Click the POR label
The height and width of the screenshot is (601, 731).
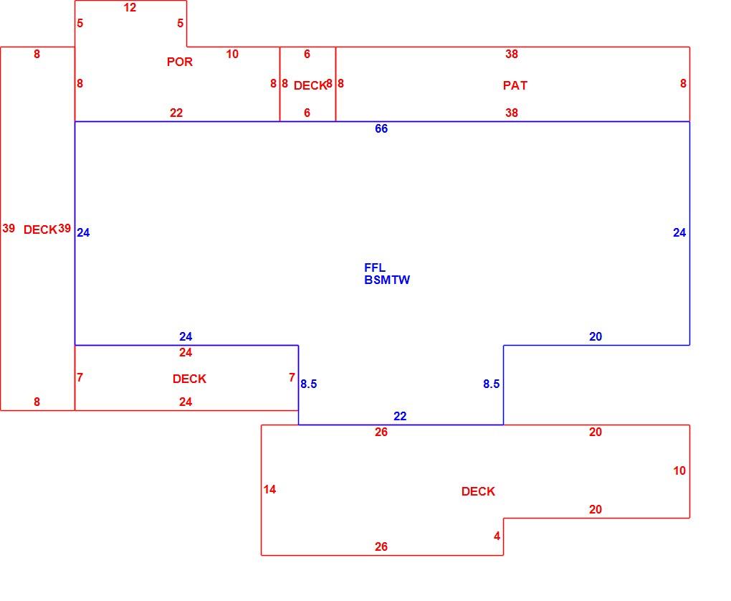(x=179, y=62)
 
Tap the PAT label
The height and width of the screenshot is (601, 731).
(x=515, y=85)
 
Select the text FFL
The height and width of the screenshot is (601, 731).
(x=375, y=268)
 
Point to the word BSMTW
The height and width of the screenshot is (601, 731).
(x=387, y=280)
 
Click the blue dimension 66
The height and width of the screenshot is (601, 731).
(x=381, y=129)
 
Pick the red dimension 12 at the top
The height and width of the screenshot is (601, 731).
(x=130, y=7)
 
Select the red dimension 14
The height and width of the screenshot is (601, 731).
(x=269, y=490)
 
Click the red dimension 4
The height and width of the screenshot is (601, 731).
(x=497, y=536)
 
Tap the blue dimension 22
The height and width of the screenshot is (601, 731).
(x=400, y=416)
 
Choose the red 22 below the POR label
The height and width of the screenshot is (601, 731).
(x=176, y=113)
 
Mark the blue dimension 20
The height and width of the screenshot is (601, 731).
(x=596, y=337)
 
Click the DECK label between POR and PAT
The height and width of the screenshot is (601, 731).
(x=310, y=85)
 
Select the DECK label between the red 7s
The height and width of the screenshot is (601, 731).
(x=189, y=379)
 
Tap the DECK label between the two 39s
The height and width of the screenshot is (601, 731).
(x=40, y=229)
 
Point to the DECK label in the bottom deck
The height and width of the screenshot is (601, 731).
(x=478, y=491)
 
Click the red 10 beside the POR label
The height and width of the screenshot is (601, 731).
(x=232, y=54)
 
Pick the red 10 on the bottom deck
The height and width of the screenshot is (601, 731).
(x=679, y=470)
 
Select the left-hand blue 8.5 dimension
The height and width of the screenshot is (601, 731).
(x=309, y=384)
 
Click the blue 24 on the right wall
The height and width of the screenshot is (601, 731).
(x=679, y=233)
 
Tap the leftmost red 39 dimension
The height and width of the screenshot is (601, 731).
(x=9, y=228)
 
